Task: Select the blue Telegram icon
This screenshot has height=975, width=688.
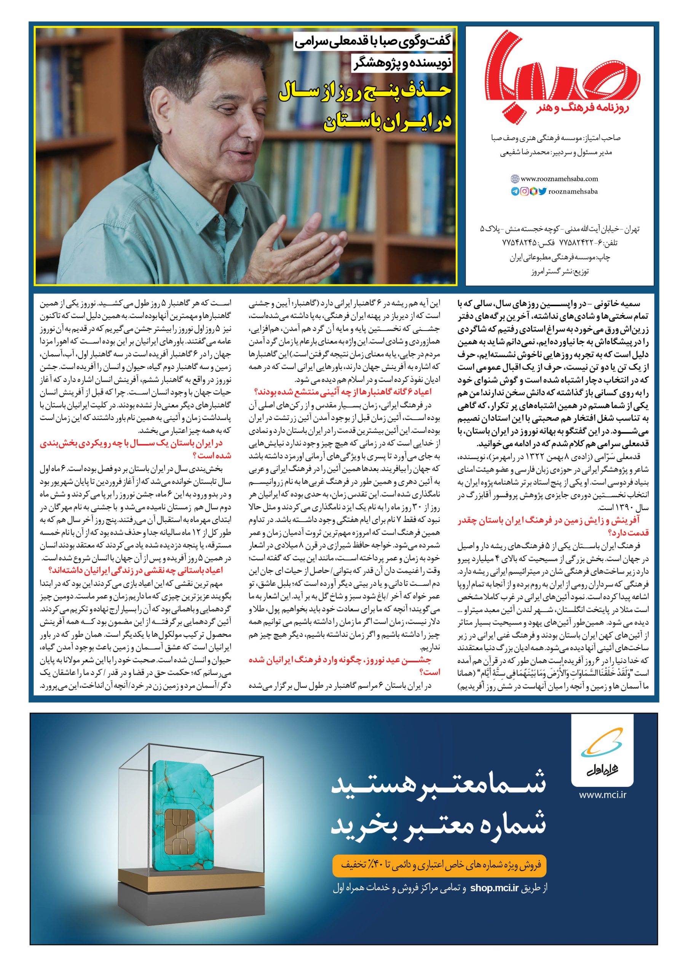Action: pyautogui.click(x=515, y=192)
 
